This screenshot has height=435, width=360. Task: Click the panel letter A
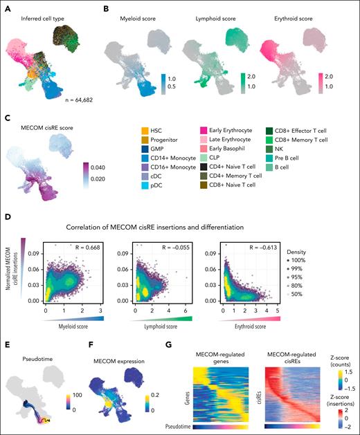[x=6, y=6]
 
